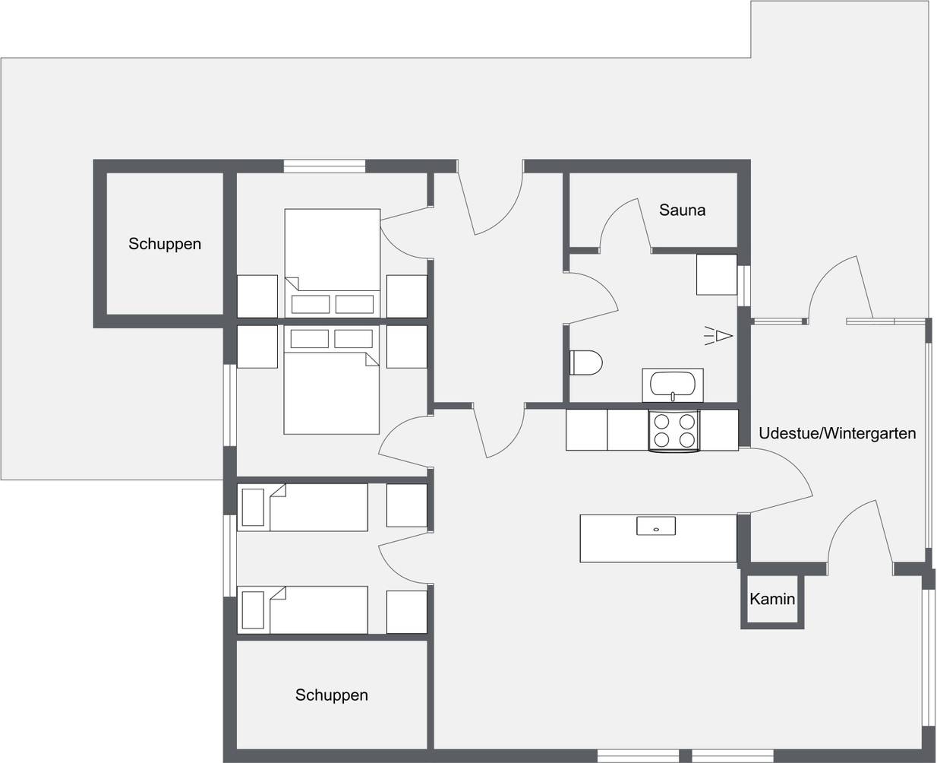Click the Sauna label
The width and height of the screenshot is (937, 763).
682,210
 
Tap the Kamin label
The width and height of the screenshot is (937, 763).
772,599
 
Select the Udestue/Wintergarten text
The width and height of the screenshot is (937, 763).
837,433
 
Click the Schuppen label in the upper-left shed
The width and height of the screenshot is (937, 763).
165,244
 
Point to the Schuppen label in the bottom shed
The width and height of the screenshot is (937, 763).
331,695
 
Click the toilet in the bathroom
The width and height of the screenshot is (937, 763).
585,363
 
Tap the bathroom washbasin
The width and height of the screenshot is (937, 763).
673,385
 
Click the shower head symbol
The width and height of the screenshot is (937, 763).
718,336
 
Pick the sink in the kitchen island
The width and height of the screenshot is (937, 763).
656,526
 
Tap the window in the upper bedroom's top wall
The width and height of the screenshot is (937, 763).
324,166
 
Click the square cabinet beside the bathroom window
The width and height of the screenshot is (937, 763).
717,274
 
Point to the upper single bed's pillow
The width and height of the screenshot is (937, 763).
253,507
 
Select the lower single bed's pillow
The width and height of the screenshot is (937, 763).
253,610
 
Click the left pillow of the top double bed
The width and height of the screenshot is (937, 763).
310,304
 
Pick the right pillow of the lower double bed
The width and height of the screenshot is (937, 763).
353,339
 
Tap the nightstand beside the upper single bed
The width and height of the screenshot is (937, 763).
407,505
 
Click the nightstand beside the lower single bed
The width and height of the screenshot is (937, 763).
407,612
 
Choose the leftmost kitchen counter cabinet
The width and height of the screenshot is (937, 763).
586,429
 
